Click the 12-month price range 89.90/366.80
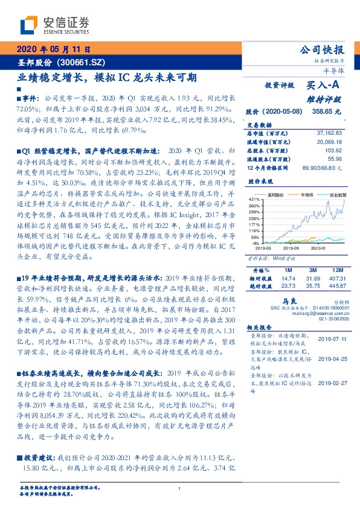tap(323, 167)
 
